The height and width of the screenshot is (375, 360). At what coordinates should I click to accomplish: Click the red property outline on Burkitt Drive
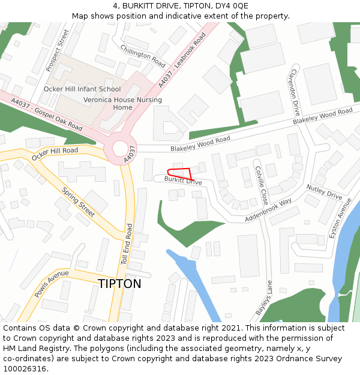tap(183, 172)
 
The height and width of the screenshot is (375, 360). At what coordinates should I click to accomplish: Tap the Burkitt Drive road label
tap(183, 180)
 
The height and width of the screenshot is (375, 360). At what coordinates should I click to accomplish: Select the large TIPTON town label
tap(119, 283)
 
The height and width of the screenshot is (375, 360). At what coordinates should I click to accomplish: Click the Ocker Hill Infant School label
tap(82, 89)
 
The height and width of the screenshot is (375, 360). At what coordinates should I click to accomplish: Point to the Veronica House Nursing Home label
tap(122, 104)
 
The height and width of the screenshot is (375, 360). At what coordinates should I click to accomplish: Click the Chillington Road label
tap(143, 56)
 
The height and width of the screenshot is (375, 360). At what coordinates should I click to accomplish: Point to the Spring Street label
tap(79, 202)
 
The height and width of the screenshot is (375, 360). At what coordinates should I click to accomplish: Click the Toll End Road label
tap(127, 244)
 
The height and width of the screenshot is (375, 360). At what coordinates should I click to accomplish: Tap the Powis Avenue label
tap(52, 283)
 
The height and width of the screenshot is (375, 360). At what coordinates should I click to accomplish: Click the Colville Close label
tap(261, 185)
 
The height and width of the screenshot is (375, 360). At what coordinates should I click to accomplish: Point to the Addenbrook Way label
tap(268, 210)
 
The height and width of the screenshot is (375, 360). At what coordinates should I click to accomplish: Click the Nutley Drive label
tap(324, 193)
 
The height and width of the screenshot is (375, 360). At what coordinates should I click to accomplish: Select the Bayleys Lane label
tap(264, 298)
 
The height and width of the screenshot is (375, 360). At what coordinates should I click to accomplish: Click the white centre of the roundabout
tap(120, 148)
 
